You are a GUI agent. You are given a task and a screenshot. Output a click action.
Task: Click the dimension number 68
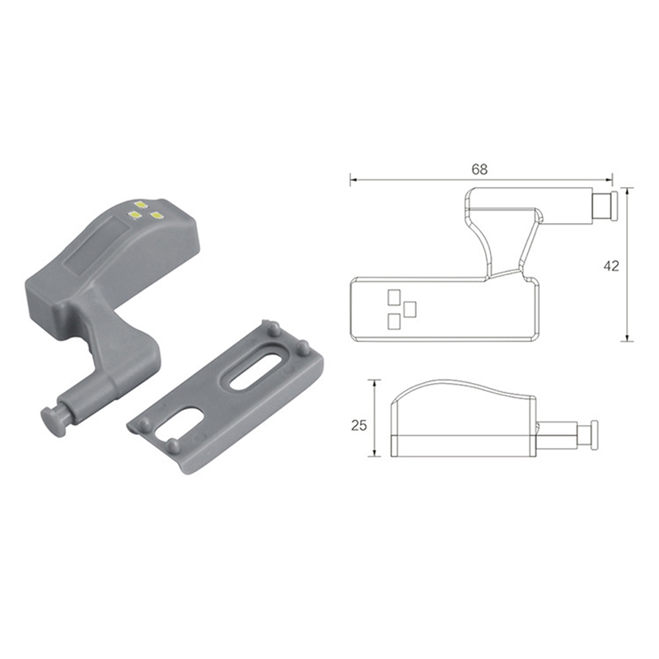tap(479, 169)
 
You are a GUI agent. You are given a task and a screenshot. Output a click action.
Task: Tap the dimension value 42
tap(611, 265)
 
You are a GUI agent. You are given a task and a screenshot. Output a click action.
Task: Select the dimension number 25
tap(359, 425)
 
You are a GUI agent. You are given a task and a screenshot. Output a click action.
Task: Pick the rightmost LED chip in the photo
tap(157, 216)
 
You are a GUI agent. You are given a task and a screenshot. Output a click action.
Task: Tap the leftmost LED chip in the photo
tap(135, 215)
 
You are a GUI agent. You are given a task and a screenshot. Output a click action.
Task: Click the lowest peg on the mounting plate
tap(172, 446)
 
